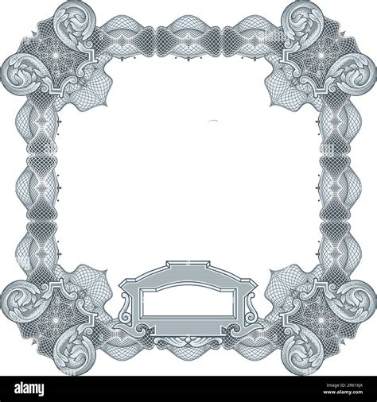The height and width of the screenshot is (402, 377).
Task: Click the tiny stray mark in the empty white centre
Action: (213, 120)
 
